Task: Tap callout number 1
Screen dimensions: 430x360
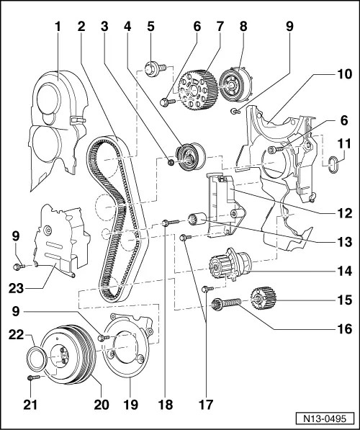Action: click(x=57, y=27)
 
